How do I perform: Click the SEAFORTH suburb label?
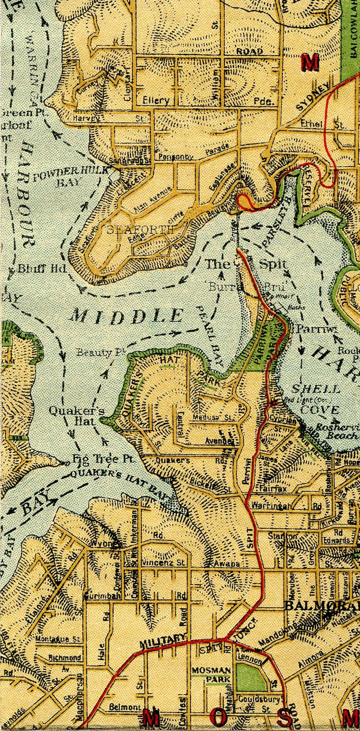pos(140,230)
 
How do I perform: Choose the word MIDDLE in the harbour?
pos(127,316)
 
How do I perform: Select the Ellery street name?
pos(156,101)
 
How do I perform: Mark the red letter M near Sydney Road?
pos(310,62)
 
